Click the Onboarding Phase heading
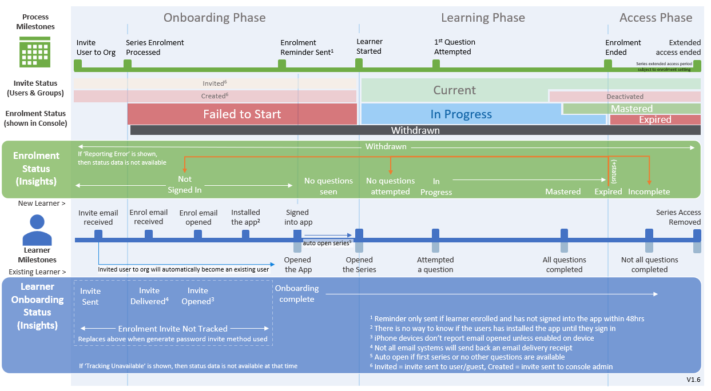point(215,18)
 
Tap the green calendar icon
point(35,52)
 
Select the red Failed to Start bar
point(242,114)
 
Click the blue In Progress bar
point(460,114)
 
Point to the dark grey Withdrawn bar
point(415,130)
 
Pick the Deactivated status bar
point(625,97)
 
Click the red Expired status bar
point(655,120)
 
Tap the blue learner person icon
point(37,229)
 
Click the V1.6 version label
point(693,380)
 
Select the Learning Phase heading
point(483,18)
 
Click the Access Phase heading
point(656,18)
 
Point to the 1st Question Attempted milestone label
point(454,47)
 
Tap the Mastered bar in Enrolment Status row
point(631,109)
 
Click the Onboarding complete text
point(297,294)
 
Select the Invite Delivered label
point(149,296)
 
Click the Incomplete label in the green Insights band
point(649,191)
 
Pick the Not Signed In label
point(184,185)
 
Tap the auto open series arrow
point(327,234)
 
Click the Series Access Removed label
point(678,217)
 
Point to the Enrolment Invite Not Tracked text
point(173,329)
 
